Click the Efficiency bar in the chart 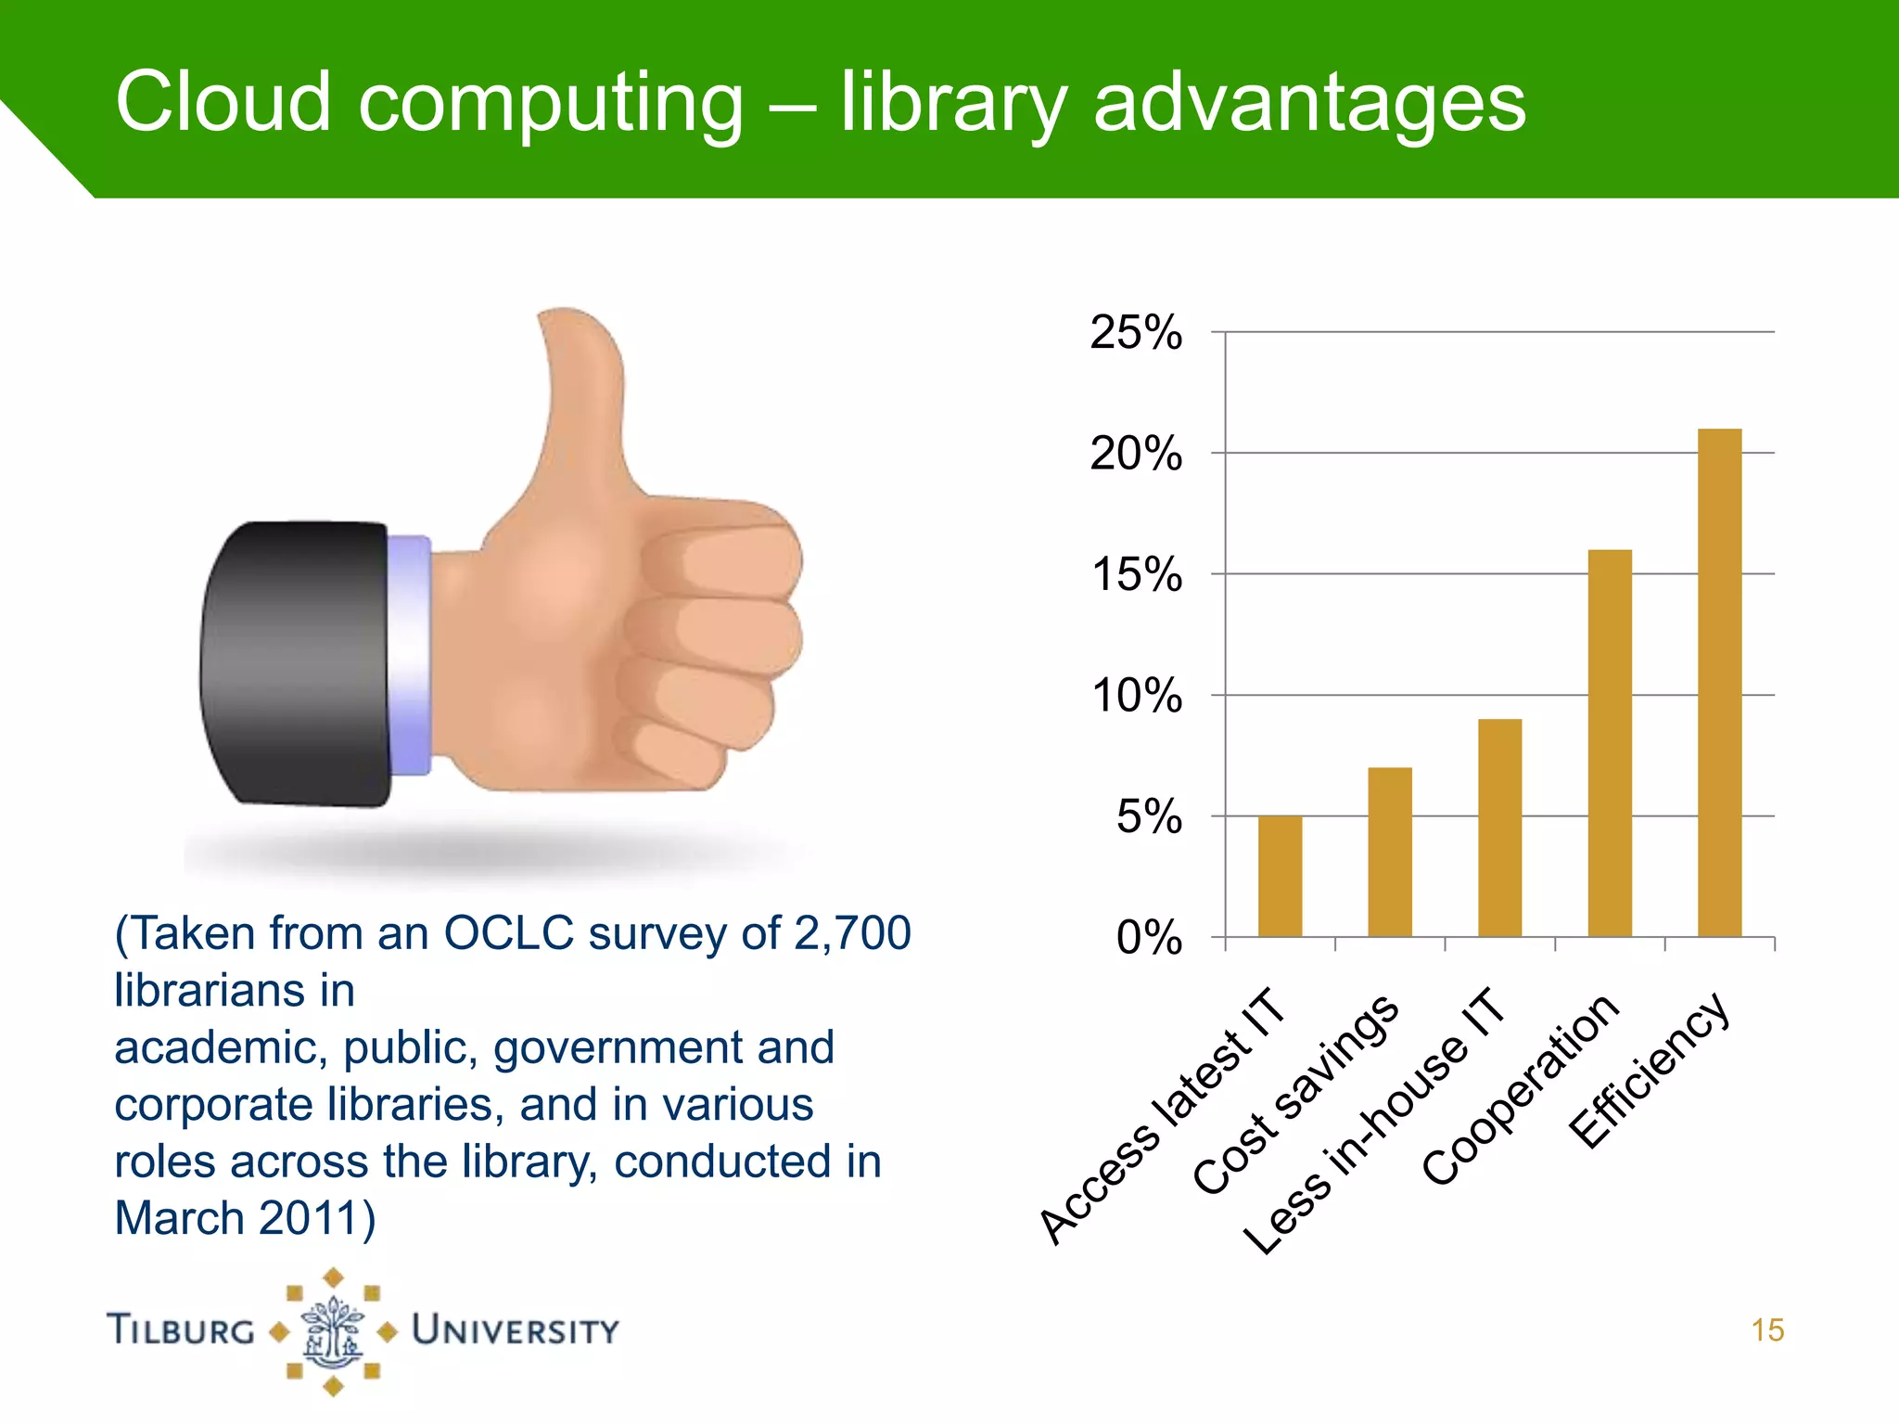click(x=1719, y=683)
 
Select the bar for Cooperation click(x=1610, y=743)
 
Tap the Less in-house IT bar click(x=1499, y=828)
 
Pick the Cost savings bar click(x=1390, y=852)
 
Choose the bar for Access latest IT click(x=1280, y=876)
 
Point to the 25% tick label click(x=1136, y=332)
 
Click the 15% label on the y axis click(x=1137, y=575)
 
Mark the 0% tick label click(x=1149, y=938)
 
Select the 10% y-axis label click(x=1137, y=696)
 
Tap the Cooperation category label click(x=1521, y=1090)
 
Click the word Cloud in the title click(x=223, y=101)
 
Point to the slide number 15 click(x=1767, y=1330)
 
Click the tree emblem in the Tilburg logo click(x=333, y=1331)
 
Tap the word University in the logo click(x=515, y=1330)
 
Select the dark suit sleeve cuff click(x=295, y=662)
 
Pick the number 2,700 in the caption click(x=853, y=933)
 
